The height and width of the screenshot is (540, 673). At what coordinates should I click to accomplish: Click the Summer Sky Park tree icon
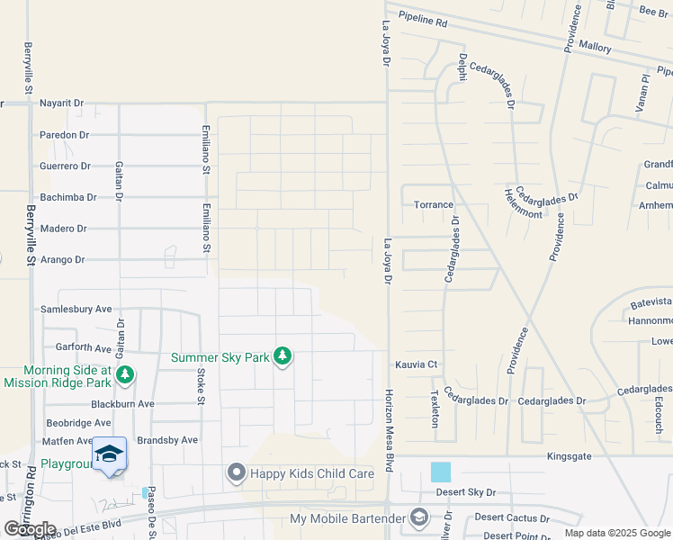pyautogui.click(x=283, y=356)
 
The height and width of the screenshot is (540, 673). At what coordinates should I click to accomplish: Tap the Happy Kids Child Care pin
pyautogui.click(x=237, y=472)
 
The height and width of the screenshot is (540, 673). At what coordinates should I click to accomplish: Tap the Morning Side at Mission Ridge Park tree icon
pyautogui.click(x=126, y=373)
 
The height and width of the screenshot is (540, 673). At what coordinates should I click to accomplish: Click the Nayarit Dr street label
pyautogui.click(x=61, y=103)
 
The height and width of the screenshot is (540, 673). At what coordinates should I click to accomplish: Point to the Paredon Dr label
pyautogui.click(x=65, y=135)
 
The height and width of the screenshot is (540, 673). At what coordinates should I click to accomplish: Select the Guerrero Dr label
pyautogui.click(x=66, y=166)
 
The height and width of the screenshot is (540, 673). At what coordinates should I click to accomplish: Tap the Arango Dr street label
pyautogui.click(x=62, y=260)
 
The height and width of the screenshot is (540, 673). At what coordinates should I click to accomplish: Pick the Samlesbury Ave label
pyautogui.click(x=76, y=309)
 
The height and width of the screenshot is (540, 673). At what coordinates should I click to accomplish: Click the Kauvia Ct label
pyautogui.click(x=416, y=364)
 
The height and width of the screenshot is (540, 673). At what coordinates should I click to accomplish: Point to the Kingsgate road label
pyautogui.click(x=572, y=457)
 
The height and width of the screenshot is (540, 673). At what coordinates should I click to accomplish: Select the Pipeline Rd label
pyautogui.click(x=422, y=19)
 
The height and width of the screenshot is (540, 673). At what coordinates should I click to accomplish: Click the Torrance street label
pyautogui.click(x=434, y=204)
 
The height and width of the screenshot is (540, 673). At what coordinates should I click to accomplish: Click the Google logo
pyautogui.click(x=30, y=529)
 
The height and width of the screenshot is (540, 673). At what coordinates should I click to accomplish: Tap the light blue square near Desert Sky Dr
pyautogui.click(x=441, y=472)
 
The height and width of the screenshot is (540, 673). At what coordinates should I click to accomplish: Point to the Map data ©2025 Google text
pyautogui.click(x=617, y=533)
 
